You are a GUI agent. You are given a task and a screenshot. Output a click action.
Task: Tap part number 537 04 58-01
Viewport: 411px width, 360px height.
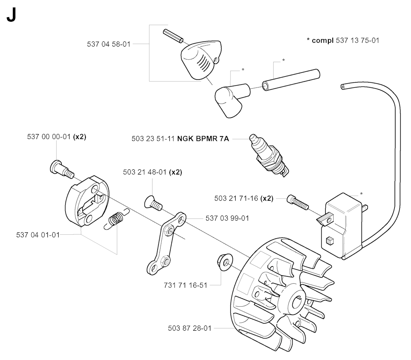(109, 44)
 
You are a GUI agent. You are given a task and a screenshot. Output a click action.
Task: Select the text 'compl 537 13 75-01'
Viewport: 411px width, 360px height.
(346, 41)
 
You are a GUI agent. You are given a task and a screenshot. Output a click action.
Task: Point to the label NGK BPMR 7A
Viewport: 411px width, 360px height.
(203, 138)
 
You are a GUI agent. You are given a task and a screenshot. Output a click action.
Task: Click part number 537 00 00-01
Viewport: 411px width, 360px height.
(49, 136)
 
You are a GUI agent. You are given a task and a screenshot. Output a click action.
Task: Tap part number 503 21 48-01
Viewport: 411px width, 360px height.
(144, 172)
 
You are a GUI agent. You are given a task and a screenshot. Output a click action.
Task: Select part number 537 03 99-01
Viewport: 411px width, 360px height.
(227, 218)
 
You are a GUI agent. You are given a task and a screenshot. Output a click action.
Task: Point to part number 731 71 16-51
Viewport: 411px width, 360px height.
(185, 285)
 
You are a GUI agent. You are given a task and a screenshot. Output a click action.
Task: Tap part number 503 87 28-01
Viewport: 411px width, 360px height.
(190, 328)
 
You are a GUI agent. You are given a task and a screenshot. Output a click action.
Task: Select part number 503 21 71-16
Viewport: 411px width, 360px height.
(236, 198)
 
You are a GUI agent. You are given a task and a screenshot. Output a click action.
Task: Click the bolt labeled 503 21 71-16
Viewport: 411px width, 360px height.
(298, 202)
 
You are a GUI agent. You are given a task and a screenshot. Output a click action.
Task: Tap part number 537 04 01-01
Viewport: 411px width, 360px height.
(38, 235)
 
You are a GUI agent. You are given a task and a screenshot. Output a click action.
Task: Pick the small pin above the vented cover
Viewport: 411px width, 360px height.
(173, 36)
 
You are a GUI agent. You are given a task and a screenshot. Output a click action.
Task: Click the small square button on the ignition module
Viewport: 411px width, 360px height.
(330, 240)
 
